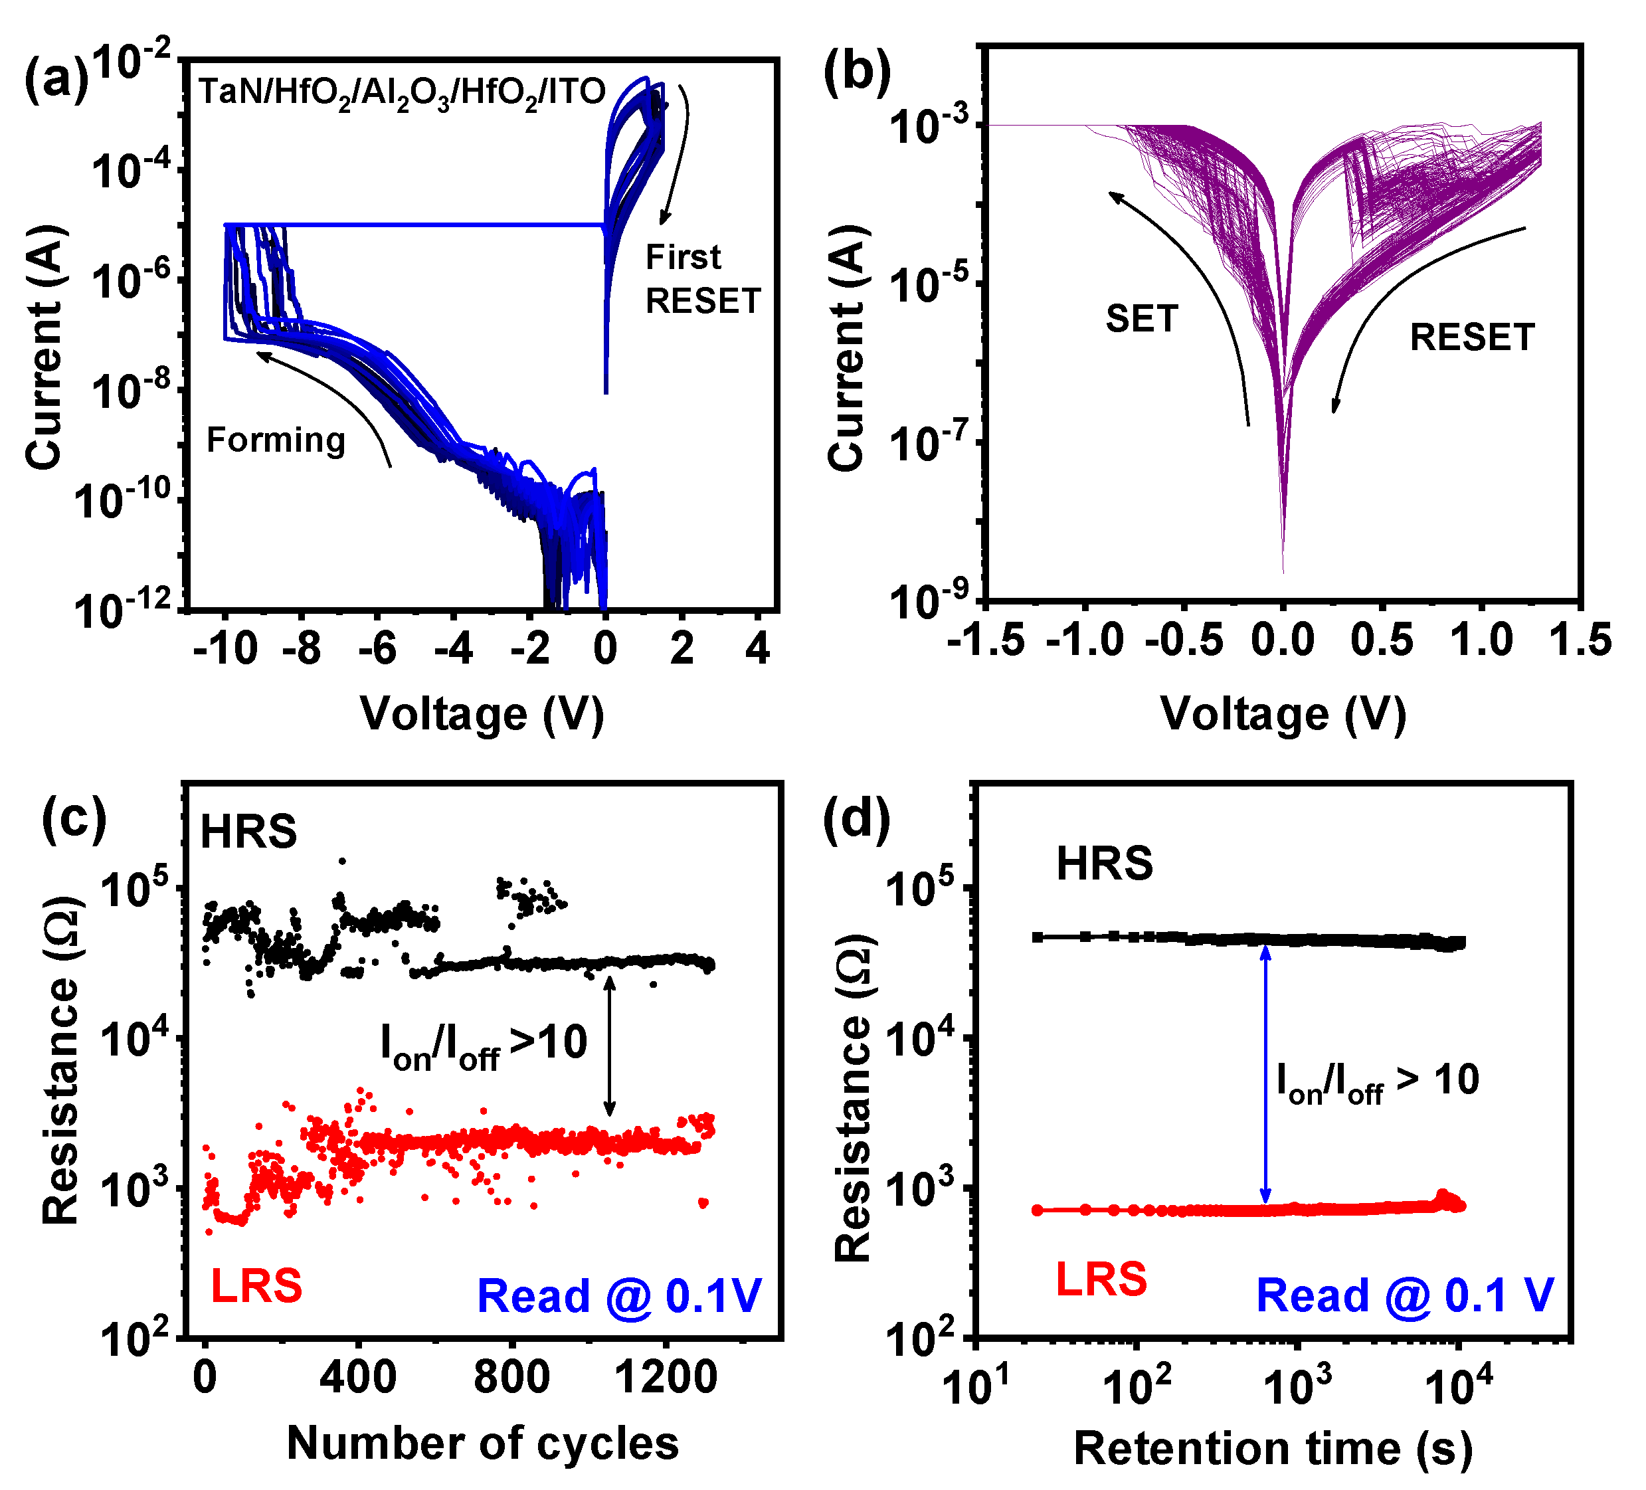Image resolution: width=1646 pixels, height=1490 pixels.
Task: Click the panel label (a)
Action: [x=56, y=82]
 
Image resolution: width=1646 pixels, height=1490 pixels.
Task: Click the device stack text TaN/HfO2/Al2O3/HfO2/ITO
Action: [x=402, y=92]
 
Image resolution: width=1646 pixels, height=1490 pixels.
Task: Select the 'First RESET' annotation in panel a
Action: [x=702, y=279]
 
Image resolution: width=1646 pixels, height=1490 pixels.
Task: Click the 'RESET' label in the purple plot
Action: [x=1472, y=337]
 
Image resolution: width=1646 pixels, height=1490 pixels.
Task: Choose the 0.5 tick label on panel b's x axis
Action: [x=1382, y=640]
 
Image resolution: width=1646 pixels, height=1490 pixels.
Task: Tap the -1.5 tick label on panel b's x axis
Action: [x=986, y=640]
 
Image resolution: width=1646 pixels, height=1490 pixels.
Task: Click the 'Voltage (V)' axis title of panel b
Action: [x=1283, y=713]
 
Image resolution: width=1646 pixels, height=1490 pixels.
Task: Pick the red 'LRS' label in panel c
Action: [x=256, y=1286]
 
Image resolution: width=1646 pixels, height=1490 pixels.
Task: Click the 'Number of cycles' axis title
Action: [x=482, y=1443]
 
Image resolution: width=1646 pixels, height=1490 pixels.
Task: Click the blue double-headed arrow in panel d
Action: [x=1265, y=1074]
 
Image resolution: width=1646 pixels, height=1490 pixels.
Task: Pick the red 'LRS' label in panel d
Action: [x=1101, y=1279]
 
